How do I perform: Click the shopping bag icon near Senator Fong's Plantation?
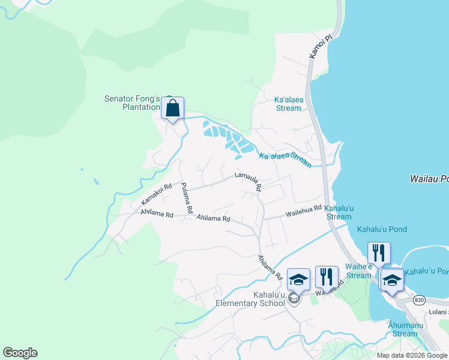pos(172,109)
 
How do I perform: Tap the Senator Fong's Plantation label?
pos(132,103)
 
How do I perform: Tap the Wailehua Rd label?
pos(304,212)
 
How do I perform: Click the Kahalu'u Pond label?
pos(382,229)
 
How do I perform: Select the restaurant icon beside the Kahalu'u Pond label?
pos(378,253)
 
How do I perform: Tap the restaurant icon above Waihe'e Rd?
pos(327,277)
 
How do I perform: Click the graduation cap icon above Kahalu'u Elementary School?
pos(298,280)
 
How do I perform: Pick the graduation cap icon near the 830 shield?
pos(392,281)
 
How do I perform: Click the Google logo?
pos(20,353)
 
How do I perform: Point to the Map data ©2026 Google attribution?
pos(412,355)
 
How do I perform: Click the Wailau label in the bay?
pos(429,179)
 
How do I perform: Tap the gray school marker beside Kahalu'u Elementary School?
pos(294,298)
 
